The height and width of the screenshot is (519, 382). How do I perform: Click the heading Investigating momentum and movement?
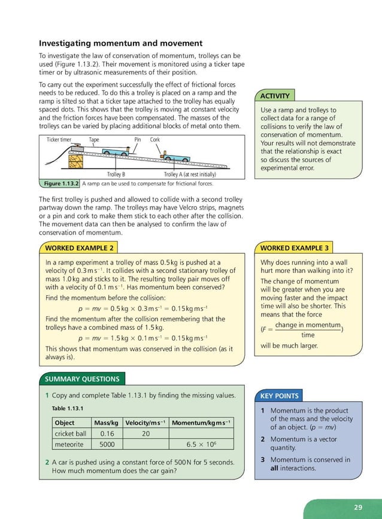tap(120, 43)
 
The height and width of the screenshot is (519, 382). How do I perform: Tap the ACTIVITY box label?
tap(275, 96)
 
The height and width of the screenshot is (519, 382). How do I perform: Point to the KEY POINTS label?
tap(279, 396)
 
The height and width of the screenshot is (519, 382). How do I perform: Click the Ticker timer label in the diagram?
tap(59, 139)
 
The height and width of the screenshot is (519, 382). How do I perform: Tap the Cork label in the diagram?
tap(155, 139)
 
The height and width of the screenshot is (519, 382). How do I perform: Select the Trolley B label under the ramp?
tap(116, 174)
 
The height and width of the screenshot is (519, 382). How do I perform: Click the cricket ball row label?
tap(71, 434)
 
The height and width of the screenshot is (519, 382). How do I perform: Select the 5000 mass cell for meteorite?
tap(107, 445)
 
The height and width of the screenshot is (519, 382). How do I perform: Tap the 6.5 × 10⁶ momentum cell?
tap(201, 445)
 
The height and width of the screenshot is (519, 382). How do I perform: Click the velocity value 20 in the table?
tap(145, 434)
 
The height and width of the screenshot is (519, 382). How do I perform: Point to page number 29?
tap(357, 508)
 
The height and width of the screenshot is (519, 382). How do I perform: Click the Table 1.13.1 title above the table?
tap(67, 409)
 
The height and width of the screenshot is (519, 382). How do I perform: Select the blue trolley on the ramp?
tap(178, 159)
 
